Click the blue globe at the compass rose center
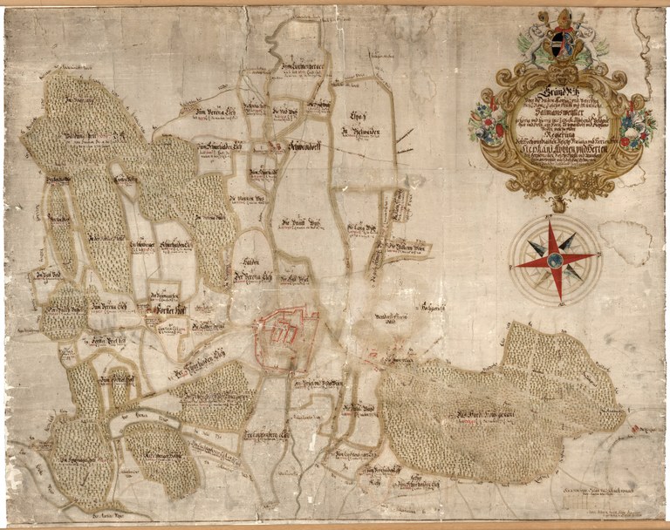[556, 258]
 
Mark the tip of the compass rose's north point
[556, 219]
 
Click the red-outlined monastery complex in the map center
[285, 333]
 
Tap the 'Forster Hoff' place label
[164, 309]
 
